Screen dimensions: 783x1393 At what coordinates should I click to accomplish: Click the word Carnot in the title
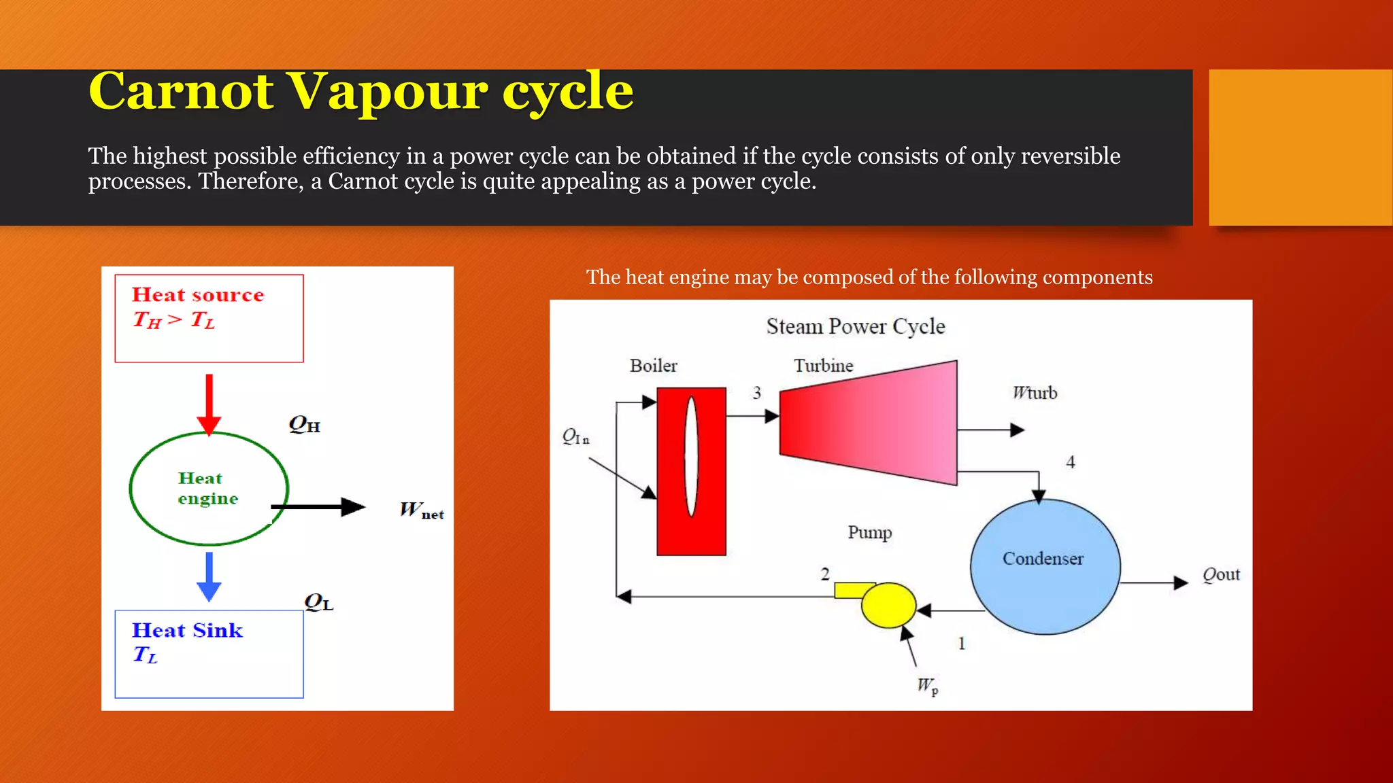[182, 92]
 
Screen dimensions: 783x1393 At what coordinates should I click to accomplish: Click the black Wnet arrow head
[353, 507]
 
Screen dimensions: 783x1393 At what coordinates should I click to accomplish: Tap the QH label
[304, 425]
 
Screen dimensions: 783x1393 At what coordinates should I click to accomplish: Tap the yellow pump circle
[888, 605]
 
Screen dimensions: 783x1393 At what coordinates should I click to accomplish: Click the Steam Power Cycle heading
[856, 326]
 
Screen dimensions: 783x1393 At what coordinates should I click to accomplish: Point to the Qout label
[1221, 575]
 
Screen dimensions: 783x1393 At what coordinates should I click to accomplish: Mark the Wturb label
[1035, 393]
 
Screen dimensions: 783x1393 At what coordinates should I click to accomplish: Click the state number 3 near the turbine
[757, 393]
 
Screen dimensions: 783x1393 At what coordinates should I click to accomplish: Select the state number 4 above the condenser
[1071, 462]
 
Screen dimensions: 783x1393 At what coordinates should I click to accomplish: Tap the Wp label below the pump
[927, 686]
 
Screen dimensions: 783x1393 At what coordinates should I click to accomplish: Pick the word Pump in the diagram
[869, 532]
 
